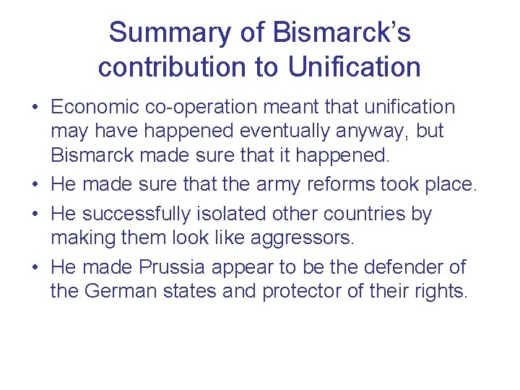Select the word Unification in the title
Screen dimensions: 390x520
tap(354, 67)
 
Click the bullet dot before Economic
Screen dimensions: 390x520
tap(35, 108)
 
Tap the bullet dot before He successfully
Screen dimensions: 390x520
tap(35, 215)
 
